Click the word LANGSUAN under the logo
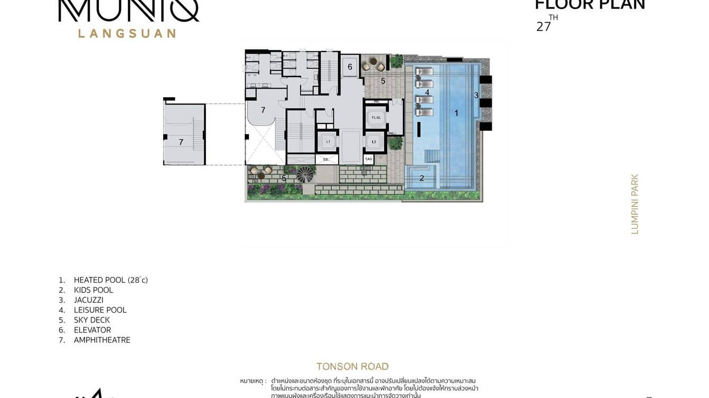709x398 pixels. pyautogui.click(x=127, y=33)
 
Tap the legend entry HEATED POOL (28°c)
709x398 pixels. pyautogui.click(x=110, y=280)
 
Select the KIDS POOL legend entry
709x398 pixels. pyautogui.click(x=93, y=290)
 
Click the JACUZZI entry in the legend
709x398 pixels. pyautogui.click(x=89, y=300)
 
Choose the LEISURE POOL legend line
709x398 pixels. pyautogui.click(x=100, y=310)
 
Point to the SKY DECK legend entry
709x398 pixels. pyautogui.click(x=92, y=320)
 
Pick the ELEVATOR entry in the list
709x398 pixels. pyautogui.click(x=92, y=330)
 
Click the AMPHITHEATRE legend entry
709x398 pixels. pyautogui.click(x=102, y=340)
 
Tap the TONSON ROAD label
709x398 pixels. pyautogui.click(x=352, y=366)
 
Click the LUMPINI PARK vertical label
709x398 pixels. pyautogui.click(x=635, y=204)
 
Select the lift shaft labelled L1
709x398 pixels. pyautogui.click(x=328, y=141)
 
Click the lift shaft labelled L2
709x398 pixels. pyautogui.click(x=374, y=141)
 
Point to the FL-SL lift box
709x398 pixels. pyautogui.click(x=376, y=117)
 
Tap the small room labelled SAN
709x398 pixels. pyautogui.click(x=369, y=159)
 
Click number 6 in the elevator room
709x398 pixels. pyautogui.click(x=350, y=67)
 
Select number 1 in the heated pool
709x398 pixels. pyautogui.click(x=456, y=112)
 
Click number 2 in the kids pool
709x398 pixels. pyautogui.click(x=422, y=178)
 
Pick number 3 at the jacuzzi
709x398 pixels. pyautogui.click(x=476, y=96)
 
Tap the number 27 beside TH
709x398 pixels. pyautogui.click(x=543, y=27)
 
